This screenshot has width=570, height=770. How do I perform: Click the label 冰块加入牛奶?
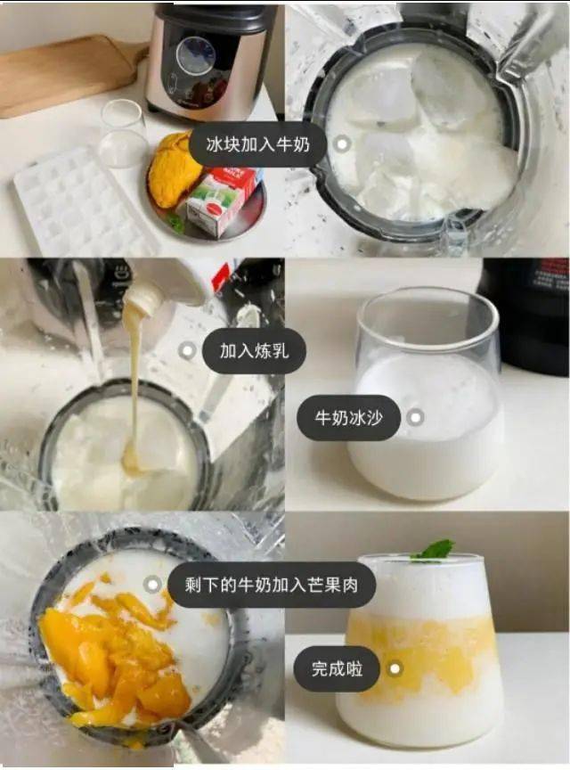258,144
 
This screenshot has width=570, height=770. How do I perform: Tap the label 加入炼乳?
254,350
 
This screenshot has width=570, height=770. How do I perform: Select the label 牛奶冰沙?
348,417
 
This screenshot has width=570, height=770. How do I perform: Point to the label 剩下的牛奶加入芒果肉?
272,585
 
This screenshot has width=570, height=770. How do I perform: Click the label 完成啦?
337,668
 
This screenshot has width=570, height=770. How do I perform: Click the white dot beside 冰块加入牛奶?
342,144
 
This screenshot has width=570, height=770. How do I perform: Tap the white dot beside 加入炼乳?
187,350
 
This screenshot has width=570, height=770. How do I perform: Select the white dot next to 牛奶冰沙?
415,417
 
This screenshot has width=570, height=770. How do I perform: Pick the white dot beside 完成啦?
395,668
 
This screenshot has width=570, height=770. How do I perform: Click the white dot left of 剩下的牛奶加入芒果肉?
152,585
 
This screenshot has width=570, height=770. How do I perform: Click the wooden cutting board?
64,74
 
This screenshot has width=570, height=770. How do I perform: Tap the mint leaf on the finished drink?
435,550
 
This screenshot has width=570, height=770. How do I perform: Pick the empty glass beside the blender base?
124,134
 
